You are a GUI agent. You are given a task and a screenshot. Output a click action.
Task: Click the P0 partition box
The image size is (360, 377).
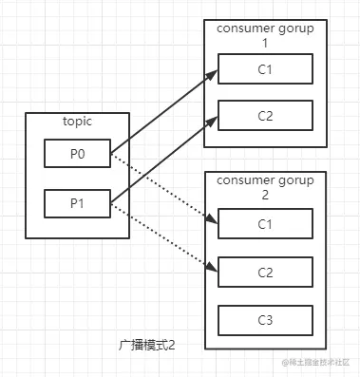77,153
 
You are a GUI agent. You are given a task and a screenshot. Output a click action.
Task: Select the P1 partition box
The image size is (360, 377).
77,202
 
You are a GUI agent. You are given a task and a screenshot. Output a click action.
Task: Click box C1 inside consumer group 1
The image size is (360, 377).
265,68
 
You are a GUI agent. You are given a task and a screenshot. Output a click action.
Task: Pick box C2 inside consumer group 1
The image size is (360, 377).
265,115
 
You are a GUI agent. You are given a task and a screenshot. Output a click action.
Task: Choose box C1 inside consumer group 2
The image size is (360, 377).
265,224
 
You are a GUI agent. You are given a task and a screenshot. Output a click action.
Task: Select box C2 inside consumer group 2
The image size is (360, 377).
265,272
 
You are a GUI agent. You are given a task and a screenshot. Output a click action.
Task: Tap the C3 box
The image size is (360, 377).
265,319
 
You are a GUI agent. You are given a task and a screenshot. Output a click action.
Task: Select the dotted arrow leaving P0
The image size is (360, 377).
161,186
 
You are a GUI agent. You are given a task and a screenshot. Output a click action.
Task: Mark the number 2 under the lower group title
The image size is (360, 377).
265,196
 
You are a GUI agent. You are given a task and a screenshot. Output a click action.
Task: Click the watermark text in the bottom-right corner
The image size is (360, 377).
314,363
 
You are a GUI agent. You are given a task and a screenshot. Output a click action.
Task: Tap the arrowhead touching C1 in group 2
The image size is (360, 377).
212,219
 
